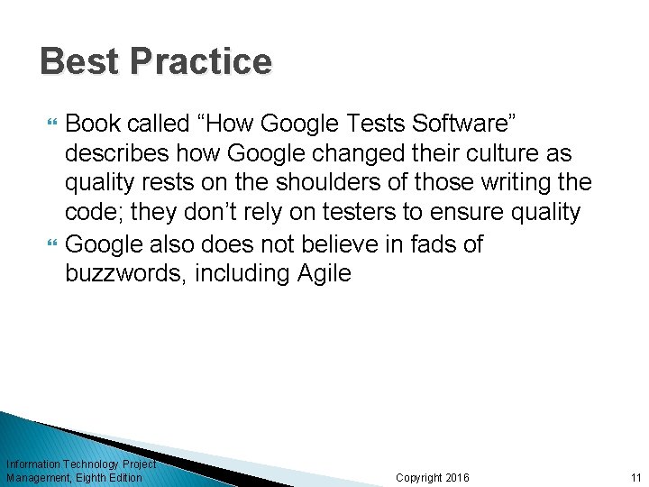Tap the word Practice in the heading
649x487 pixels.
200,61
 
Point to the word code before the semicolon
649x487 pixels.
91,213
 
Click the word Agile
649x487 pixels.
324,274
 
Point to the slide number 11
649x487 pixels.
635,477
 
